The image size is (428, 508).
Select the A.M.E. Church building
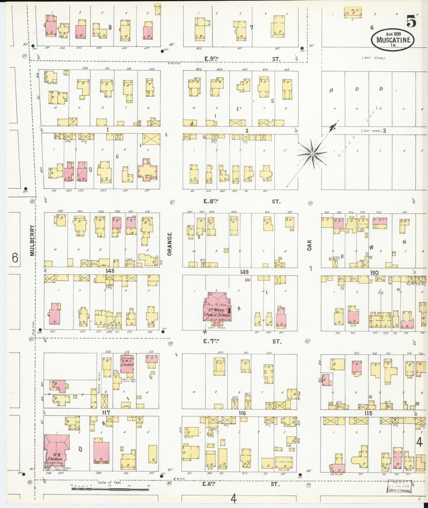(127, 364)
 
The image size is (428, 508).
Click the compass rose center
(312, 154)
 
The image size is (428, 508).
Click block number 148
(110, 271)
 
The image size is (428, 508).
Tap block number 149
(244, 272)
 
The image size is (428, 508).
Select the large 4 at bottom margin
(234, 500)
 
